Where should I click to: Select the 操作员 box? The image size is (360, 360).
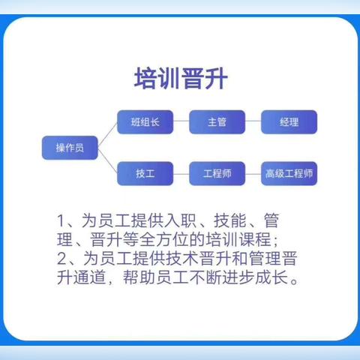(x=69, y=147)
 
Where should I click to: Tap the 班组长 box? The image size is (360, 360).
(x=145, y=121)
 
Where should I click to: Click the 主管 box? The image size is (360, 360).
(x=217, y=121)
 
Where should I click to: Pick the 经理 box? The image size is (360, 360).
(x=289, y=121)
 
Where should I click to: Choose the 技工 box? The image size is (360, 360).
(x=145, y=173)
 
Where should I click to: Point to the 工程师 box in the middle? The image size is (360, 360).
(x=217, y=173)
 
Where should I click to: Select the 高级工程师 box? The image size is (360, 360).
(x=289, y=173)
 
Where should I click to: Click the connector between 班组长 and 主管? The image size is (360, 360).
(x=181, y=121)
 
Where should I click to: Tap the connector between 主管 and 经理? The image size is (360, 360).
(x=253, y=121)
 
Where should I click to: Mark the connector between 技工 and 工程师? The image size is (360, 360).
(x=181, y=173)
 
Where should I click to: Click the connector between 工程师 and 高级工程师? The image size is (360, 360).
(x=253, y=173)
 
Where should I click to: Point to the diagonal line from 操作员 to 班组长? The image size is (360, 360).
(x=108, y=134)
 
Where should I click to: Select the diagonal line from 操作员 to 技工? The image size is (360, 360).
(x=108, y=160)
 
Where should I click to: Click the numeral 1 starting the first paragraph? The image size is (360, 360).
(x=61, y=222)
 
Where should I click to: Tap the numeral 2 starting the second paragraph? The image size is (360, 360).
(x=61, y=259)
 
